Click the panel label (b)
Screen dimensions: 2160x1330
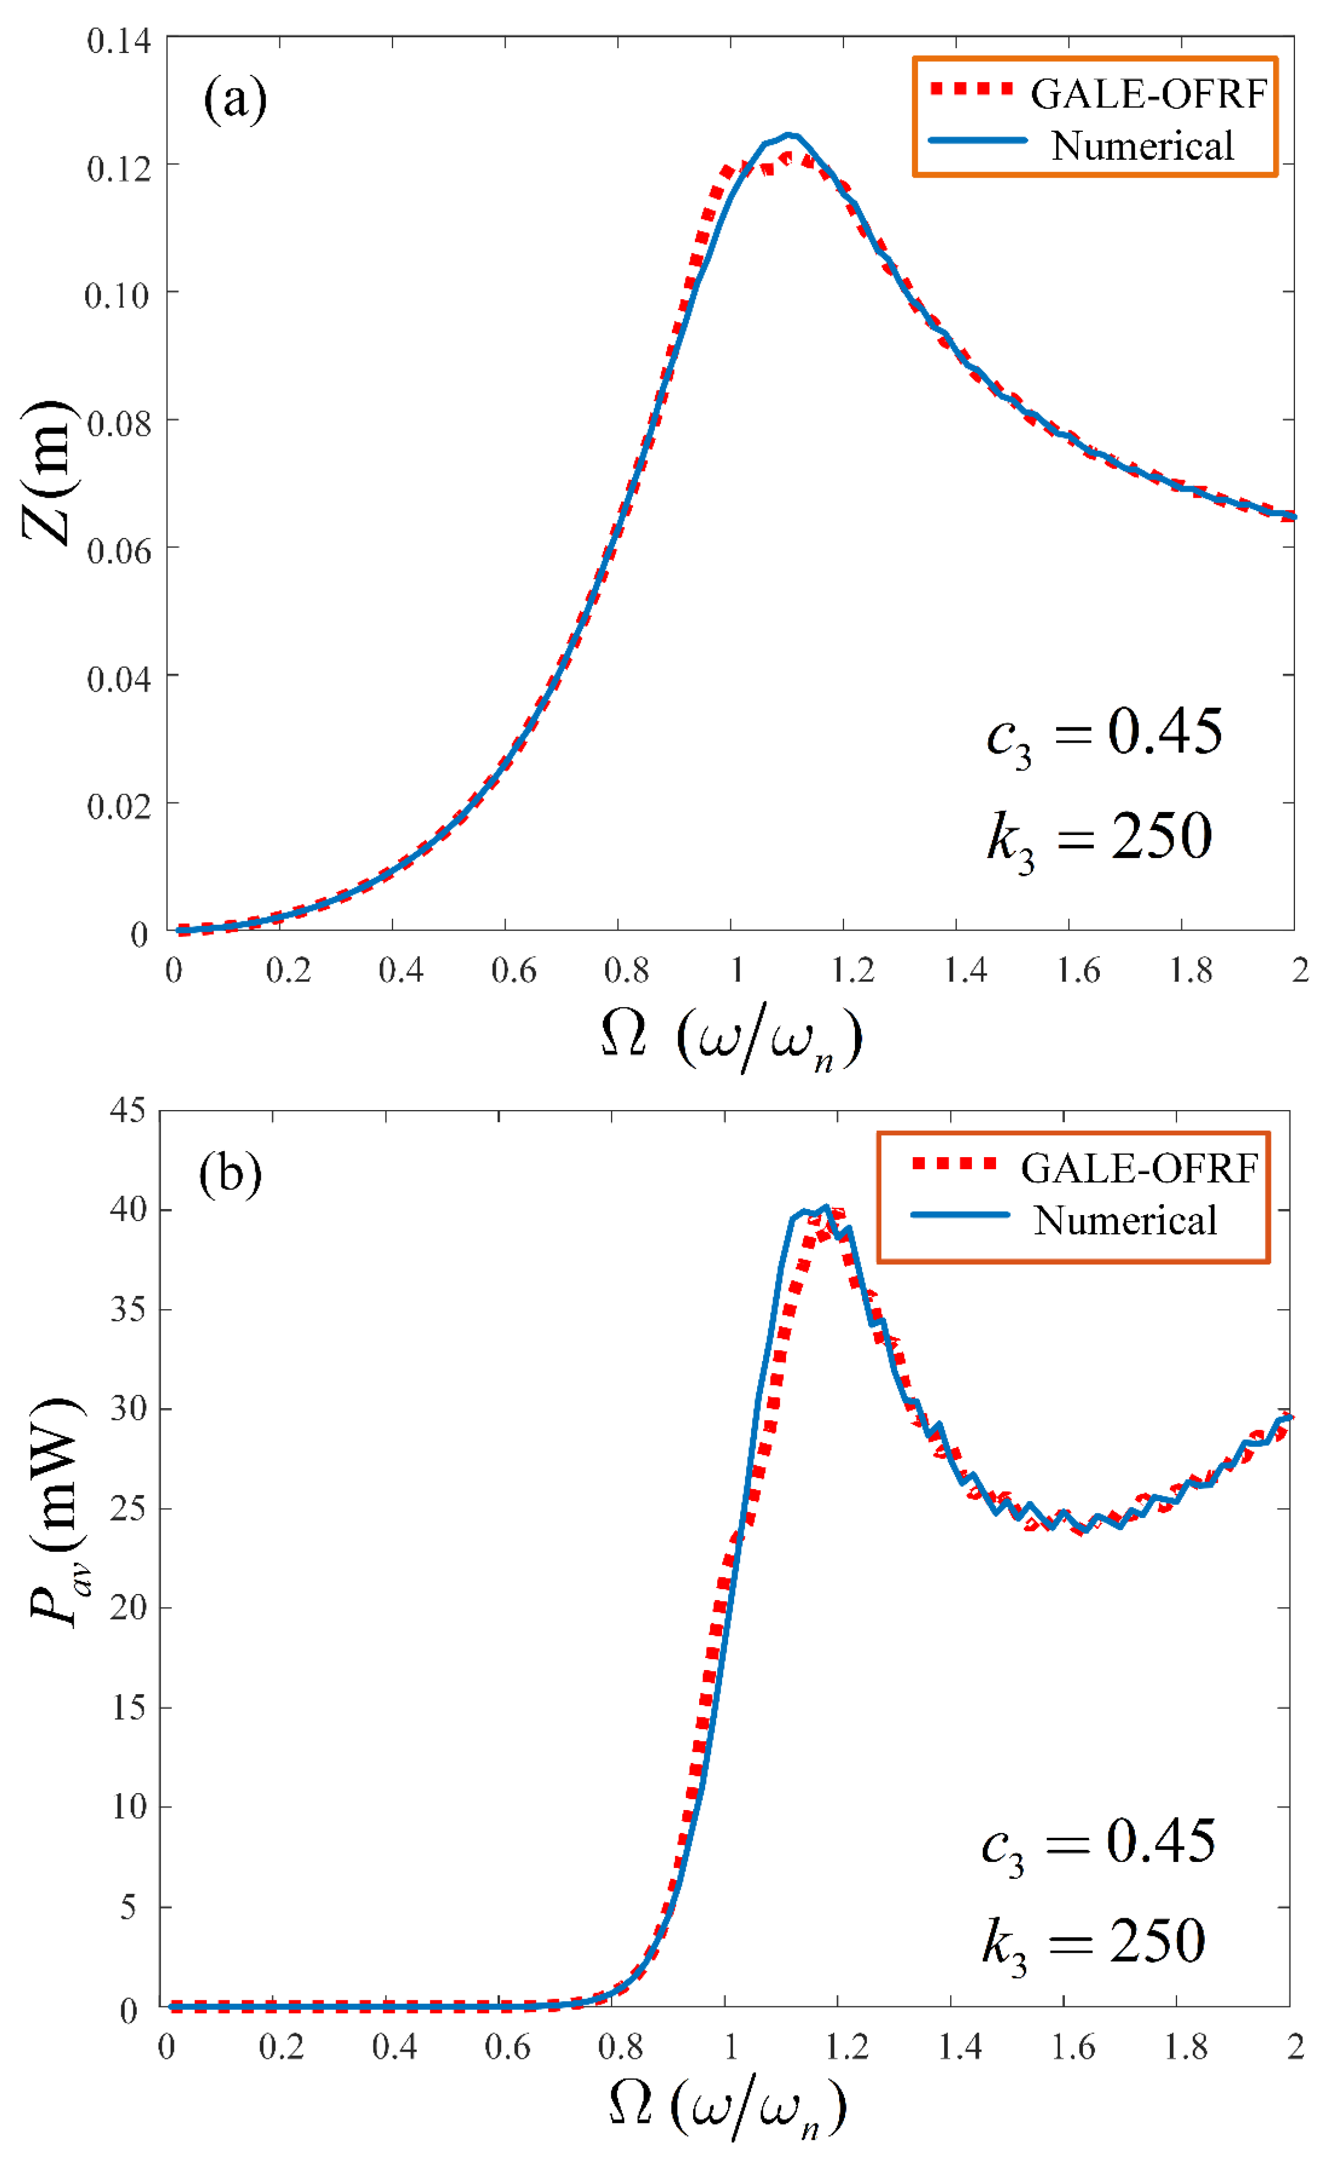point(230,1173)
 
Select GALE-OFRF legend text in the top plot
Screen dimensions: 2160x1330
point(1148,94)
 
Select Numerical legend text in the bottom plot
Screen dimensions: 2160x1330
point(1125,1221)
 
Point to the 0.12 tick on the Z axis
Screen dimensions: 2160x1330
point(118,168)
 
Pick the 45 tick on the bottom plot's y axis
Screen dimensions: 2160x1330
point(127,1111)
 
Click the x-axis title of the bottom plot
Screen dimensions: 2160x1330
point(728,2110)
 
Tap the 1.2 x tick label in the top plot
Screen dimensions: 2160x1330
point(852,971)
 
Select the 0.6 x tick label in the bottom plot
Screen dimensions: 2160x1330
point(507,2047)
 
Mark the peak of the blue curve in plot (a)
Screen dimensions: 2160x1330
point(789,135)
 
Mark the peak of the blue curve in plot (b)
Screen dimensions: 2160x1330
point(824,1207)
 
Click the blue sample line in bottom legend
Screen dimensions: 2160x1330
point(959,1215)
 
